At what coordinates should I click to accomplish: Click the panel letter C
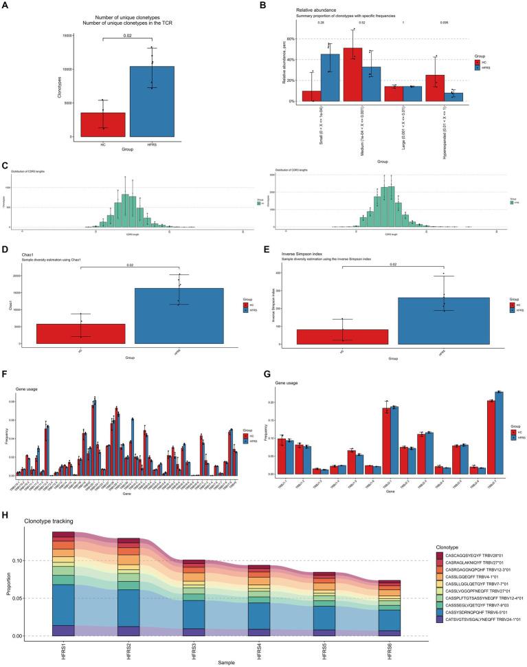point(5,166)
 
